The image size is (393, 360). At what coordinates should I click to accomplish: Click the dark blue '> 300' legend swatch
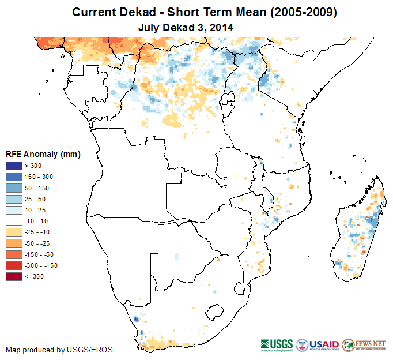click(14, 166)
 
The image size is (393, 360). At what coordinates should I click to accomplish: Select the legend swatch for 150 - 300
click(14, 177)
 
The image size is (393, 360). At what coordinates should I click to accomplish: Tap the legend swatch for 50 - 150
click(14, 188)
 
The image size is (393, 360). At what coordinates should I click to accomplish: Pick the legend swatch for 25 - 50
click(14, 199)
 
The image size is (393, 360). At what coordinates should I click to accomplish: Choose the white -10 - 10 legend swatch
click(14, 221)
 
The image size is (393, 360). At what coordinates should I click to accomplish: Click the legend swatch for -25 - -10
click(14, 232)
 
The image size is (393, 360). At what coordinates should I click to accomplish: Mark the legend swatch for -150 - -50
click(14, 254)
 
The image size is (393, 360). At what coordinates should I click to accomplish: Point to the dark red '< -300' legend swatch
click(14, 276)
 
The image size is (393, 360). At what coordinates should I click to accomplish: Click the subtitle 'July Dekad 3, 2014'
click(186, 27)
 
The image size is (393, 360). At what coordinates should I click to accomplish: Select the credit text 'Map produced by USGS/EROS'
click(59, 350)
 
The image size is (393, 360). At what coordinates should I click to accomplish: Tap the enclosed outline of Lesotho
click(214, 312)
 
